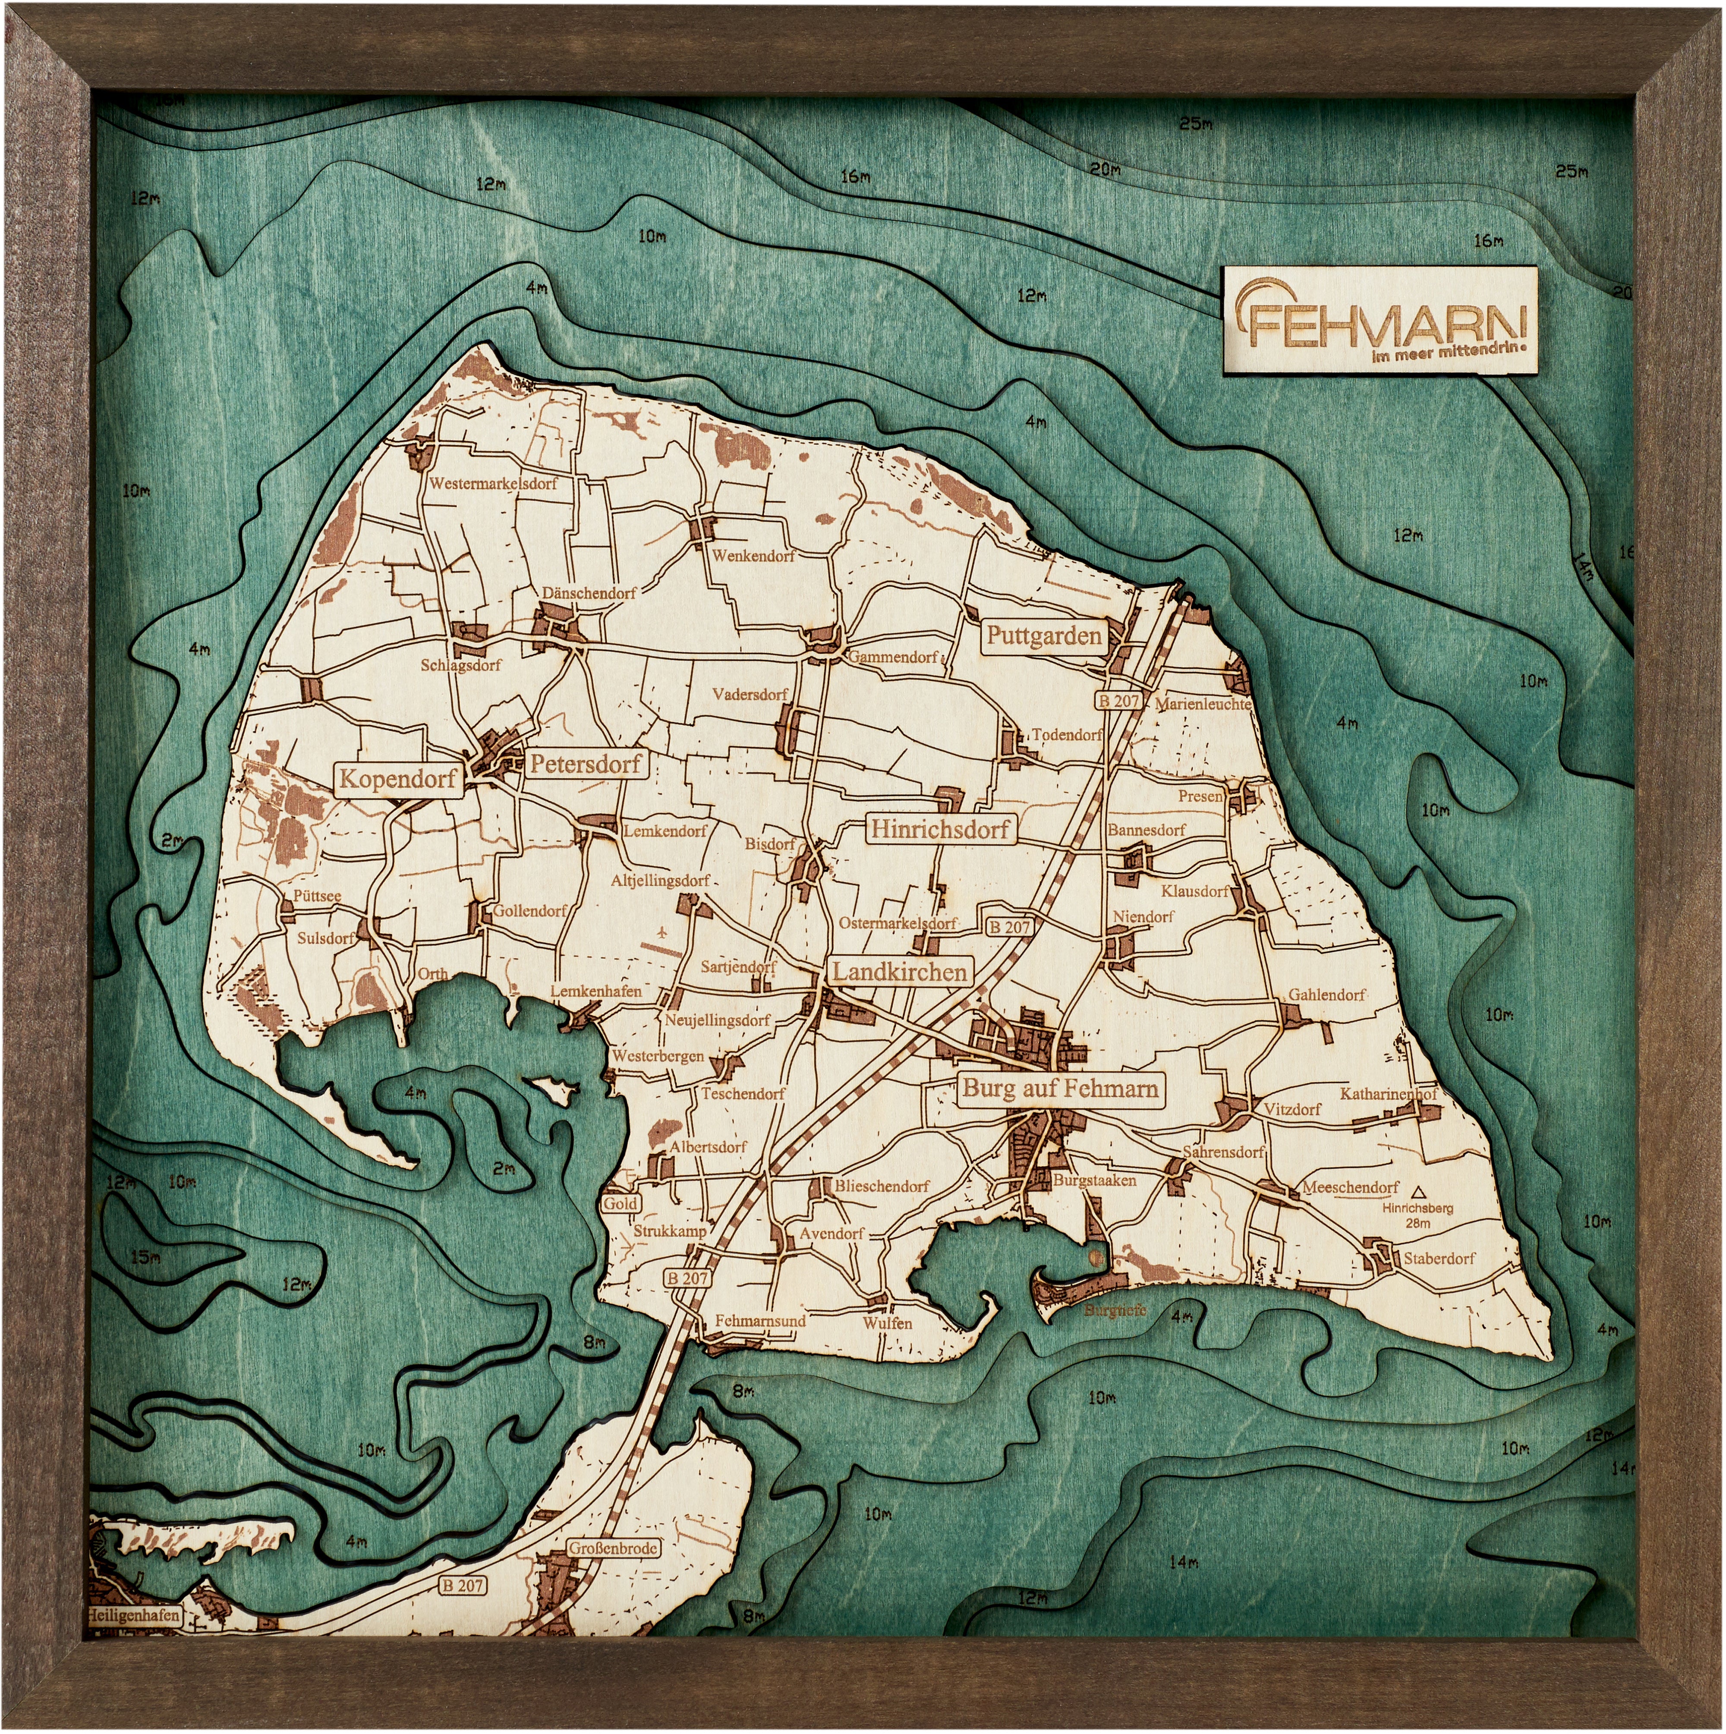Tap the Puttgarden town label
click(1044, 636)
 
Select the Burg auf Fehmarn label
click(1060, 1089)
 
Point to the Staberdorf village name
click(1439, 1258)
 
